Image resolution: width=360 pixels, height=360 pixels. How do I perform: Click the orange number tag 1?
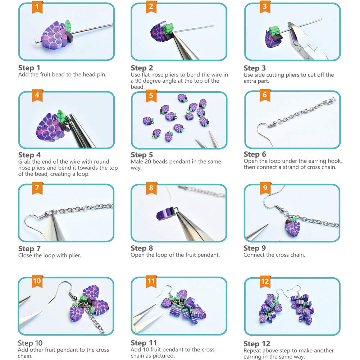(37, 7)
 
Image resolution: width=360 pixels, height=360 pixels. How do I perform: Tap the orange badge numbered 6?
(265, 95)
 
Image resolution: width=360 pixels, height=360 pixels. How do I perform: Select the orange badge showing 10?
(37, 281)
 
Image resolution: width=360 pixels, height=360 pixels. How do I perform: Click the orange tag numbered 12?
(265, 282)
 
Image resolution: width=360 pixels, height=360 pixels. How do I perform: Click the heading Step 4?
(29, 155)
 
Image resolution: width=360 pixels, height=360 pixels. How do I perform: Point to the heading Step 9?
(255, 248)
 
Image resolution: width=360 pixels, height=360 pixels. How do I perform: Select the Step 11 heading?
(144, 343)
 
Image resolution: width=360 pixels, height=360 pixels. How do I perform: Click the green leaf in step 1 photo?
(68, 26)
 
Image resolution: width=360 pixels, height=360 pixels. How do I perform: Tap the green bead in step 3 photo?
(274, 30)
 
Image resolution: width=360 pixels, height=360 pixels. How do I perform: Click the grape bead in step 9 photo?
(292, 228)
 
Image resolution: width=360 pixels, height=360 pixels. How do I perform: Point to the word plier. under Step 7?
(75, 256)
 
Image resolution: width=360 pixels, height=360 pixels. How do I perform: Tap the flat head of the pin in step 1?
(36, 42)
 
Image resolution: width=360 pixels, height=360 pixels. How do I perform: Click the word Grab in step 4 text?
(24, 161)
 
